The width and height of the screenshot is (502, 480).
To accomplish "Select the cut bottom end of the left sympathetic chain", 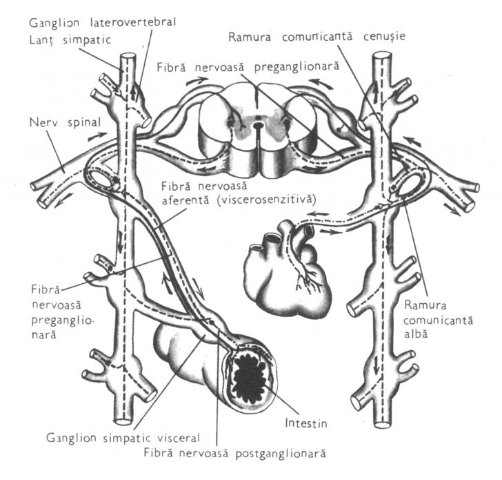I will point(123,421).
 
